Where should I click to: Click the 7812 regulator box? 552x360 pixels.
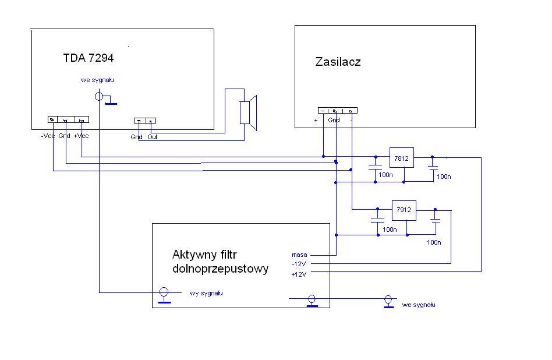(x=402, y=157)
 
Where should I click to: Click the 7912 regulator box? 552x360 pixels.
(x=404, y=210)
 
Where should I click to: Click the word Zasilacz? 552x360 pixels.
(x=338, y=61)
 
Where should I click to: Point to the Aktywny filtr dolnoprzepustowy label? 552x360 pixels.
(x=220, y=262)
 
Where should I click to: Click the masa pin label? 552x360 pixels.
(x=299, y=255)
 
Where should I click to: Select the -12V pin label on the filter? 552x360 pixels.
(x=299, y=264)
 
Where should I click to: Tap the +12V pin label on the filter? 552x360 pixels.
(x=299, y=273)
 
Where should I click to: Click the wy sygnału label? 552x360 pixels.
(x=206, y=293)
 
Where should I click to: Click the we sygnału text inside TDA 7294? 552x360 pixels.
(x=97, y=80)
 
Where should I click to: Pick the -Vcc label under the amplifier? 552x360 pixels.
(x=48, y=136)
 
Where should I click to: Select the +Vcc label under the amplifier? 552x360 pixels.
(x=81, y=136)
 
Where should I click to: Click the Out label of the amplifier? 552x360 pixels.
(x=152, y=137)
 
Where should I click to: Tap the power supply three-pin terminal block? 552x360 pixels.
(x=337, y=110)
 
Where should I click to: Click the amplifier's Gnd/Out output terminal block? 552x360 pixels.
(x=145, y=121)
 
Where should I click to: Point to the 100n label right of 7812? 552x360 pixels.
(x=444, y=176)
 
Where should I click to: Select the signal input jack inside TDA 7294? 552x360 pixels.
(x=100, y=97)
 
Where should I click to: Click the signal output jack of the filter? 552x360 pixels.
(x=164, y=292)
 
